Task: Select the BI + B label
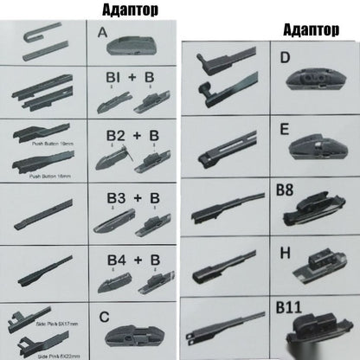[x=126, y=80]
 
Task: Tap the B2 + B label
[x=127, y=138]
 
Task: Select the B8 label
[x=286, y=189]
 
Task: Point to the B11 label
[x=287, y=306]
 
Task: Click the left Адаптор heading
[x=123, y=10]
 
